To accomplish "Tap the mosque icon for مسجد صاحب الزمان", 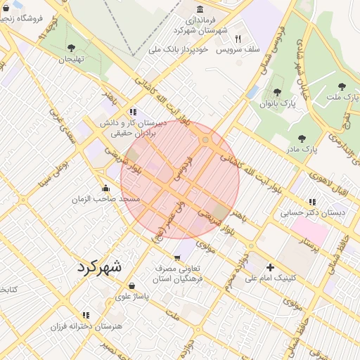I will coord(106,188).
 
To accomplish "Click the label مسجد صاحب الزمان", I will coord(106,200).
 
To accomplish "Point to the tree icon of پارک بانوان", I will coord(274,92).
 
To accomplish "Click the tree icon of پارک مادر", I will coord(302,139).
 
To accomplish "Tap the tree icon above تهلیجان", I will coord(71,48).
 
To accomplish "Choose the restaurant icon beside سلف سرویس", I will coord(238,39).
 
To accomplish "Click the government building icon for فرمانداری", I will coord(201,9).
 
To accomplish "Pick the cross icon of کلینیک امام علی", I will coord(270,267).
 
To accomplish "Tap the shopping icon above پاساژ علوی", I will coord(132,285).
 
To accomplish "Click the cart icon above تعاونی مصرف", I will coord(176,257).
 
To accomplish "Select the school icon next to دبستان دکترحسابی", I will coord(312,201).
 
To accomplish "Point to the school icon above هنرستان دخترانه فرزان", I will coord(86,316).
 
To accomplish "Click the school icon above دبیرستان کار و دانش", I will coord(132,112).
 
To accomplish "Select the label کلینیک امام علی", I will coord(271,278).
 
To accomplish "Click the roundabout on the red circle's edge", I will coord(207,141).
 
